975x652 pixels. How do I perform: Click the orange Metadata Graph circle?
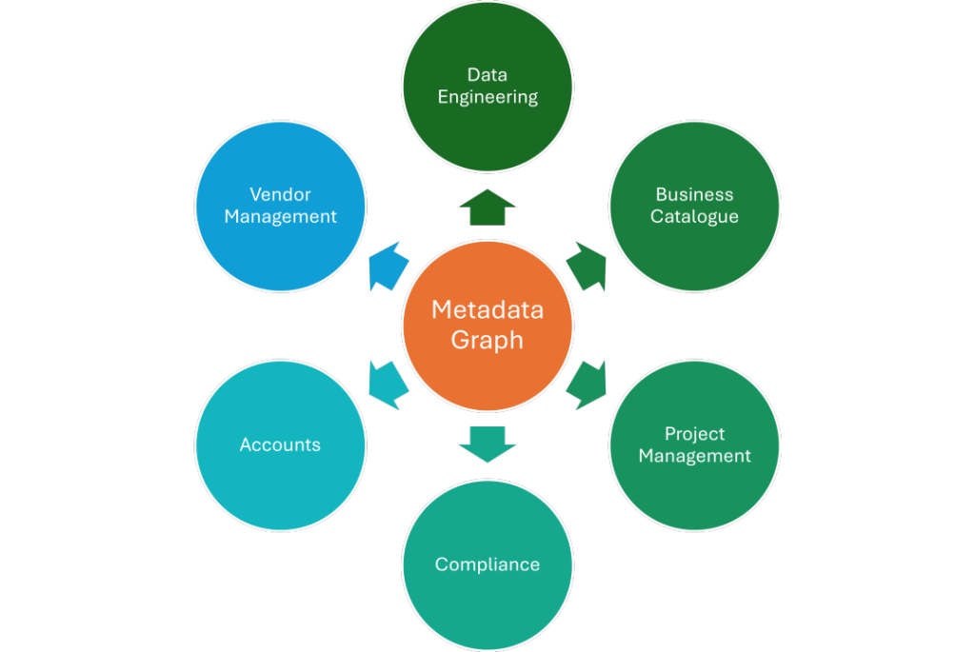pyautogui.click(x=487, y=325)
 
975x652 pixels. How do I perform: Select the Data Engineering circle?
pyautogui.click(x=487, y=86)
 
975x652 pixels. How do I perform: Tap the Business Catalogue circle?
pyautogui.click(x=694, y=206)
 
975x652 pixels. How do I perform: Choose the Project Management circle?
pyautogui.click(x=694, y=445)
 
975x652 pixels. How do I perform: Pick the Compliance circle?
pyautogui.click(x=487, y=564)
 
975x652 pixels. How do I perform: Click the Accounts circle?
pyautogui.click(x=280, y=445)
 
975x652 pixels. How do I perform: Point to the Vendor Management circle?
pyautogui.click(x=280, y=206)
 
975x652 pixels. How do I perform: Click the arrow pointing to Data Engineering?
pyautogui.click(x=487, y=207)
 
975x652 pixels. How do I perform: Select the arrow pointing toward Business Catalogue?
pyautogui.click(x=587, y=267)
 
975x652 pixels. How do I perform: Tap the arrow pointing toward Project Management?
pyautogui.click(x=587, y=385)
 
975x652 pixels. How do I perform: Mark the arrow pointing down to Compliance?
pyautogui.click(x=487, y=444)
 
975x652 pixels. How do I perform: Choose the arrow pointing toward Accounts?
pyautogui.click(x=388, y=385)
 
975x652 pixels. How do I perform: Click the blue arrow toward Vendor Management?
pyautogui.click(x=388, y=267)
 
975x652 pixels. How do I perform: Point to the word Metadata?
pyautogui.click(x=487, y=310)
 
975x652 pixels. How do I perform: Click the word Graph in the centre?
pyautogui.click(x=487, y=340)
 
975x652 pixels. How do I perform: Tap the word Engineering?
pyautogui.click(x=487, y=97)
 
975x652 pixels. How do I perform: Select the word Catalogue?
pyautogui.click(x=694, y=217)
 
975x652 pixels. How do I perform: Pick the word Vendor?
pyautogui.click(x=280, y=194)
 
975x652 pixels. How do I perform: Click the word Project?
pyautogui.click(x=694, y=433)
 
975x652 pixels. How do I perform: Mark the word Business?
pyautogui.click(x=694, y=194)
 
